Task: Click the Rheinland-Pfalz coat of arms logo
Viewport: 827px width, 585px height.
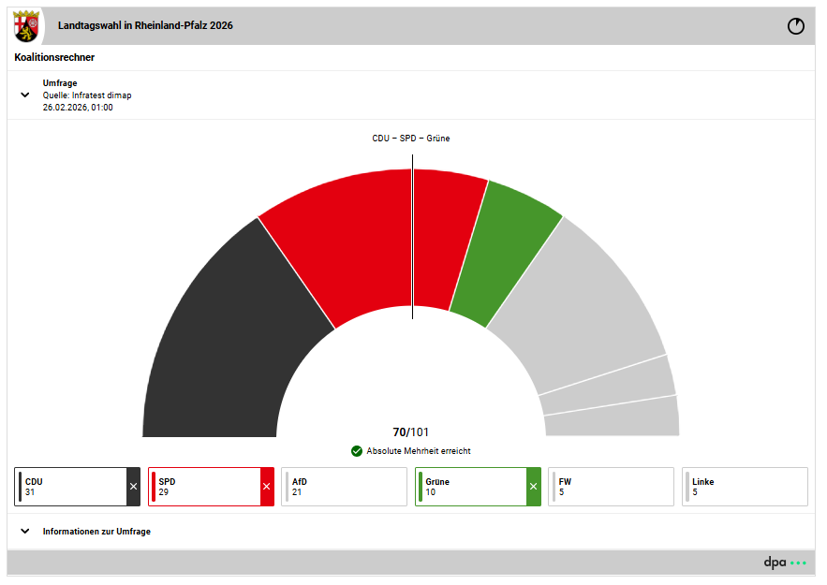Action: (26, 26)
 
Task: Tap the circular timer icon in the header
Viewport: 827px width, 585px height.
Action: (796, 26)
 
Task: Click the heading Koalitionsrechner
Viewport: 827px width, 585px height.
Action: (54, 57)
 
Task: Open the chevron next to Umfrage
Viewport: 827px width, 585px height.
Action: (25, 95)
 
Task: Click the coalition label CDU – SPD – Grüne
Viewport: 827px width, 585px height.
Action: (411, 139)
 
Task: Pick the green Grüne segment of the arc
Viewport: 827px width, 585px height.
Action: (505, 253)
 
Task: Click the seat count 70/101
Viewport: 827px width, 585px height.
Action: (411, 432)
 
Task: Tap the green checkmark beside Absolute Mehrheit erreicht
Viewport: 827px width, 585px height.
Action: (357, 451)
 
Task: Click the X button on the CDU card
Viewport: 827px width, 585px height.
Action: (133, 487)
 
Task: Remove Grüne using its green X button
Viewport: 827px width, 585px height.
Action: (534, 487)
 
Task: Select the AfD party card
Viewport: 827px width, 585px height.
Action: (344, 487)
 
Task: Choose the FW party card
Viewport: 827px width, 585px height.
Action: (611, 487)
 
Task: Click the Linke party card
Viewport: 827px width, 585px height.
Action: (745, 487)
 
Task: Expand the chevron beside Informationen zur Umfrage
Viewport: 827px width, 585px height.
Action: (25, 532)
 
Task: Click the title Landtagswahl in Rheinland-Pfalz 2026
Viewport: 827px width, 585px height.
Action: (145, 26)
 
